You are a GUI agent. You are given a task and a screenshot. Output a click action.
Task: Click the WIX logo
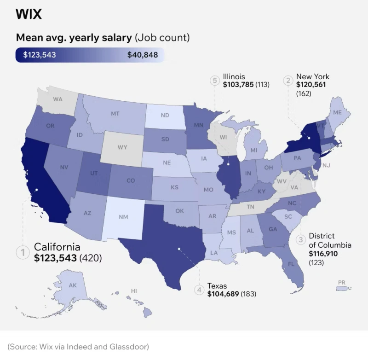[29, 14]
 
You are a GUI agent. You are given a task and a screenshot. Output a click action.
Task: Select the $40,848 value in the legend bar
[143, 55]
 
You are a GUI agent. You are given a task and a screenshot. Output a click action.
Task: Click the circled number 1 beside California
[22, 252]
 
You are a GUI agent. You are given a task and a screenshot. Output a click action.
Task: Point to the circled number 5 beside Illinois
[214, 81]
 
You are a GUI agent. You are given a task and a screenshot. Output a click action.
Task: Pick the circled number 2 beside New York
[288, 81]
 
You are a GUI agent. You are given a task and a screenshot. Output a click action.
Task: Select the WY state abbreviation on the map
[122, 147]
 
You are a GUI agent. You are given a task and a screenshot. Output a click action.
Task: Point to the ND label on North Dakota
[165, 116]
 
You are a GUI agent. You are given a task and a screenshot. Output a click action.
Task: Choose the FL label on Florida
[291, 264]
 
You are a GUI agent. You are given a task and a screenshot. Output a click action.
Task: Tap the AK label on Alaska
[73, 285]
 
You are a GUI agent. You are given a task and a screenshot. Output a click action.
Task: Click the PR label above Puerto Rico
[341, 282]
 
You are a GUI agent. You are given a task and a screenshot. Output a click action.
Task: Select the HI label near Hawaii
[134, 291]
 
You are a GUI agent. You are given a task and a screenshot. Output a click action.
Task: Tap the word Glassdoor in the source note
[131, 346]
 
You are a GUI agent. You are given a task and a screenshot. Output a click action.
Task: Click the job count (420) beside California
[91, 258]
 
